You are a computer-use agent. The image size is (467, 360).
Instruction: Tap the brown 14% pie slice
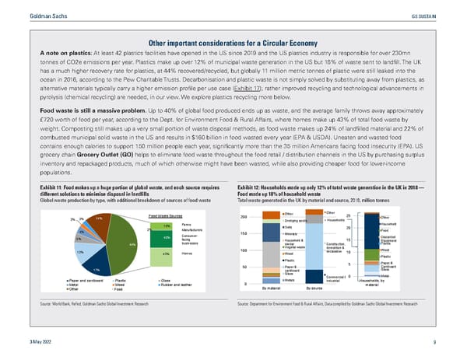[x=100, y=222]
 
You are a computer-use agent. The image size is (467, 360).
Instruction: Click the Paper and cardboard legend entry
[x=87, y=280]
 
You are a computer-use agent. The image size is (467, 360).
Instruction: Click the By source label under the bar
[x=315, y=288]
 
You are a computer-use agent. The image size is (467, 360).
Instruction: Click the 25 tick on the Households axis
[x=349, y=215]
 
